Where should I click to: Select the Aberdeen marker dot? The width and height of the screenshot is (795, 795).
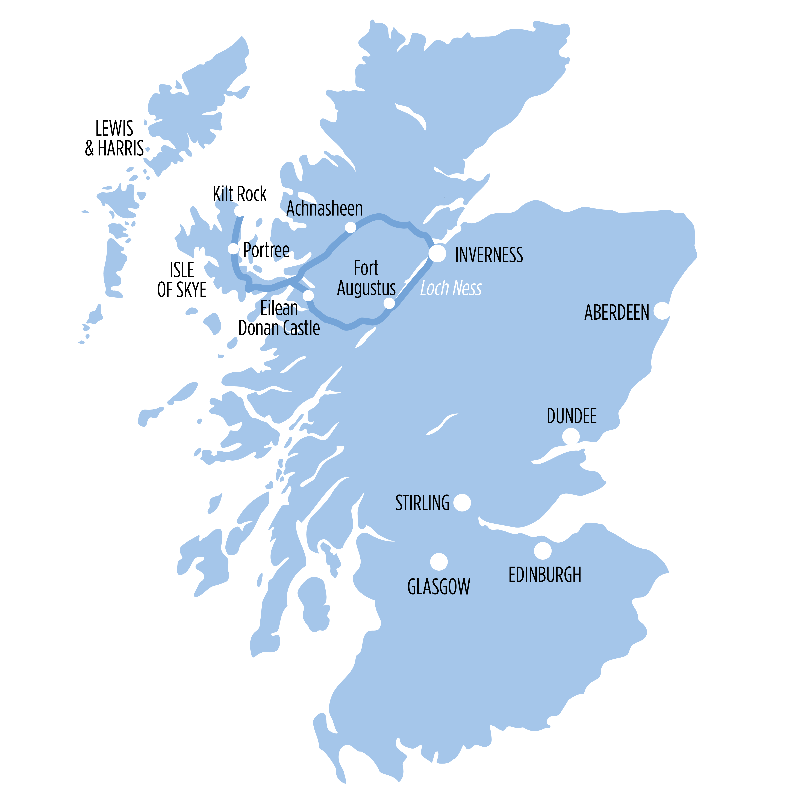pyautogui.click(x=662, y=311)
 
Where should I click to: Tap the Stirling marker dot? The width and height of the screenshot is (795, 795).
pyautogui.click(x=462, y=502)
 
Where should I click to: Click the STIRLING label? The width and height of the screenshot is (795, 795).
pyautogui.click(x=422, y=503)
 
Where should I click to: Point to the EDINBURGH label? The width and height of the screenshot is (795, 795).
pyautogui.click(x=545, y=575)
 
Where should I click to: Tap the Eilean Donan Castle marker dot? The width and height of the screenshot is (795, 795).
pyautogui.click(x=308, y=295)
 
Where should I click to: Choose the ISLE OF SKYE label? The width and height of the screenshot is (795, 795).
pyautogui.click(x=182, y=280)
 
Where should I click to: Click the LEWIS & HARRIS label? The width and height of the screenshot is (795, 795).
pyautogui.click(x=114, y=138)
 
